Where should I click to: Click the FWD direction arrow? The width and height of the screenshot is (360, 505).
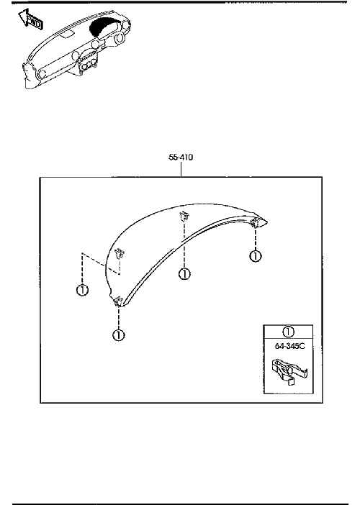click(x=30, y=19)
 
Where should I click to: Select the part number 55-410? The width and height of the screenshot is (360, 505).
click(x=181, y=157)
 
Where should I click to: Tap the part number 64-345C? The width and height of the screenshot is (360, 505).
click(x=289, y=346)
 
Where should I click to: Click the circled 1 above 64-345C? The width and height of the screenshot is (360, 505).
click(x=288, y=332)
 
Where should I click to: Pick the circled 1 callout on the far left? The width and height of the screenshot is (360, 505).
click(x=82, y=290)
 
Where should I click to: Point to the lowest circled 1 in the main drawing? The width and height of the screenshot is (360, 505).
click(x=118, y=335)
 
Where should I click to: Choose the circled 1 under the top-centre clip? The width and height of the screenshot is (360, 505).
click(x=184, y=274)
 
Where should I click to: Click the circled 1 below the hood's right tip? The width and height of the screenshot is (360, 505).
click(x=256, y=256)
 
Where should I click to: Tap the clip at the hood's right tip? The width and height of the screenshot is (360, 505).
click(x=256, y=222)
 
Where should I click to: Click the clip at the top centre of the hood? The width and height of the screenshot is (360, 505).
click(x=184, y=217)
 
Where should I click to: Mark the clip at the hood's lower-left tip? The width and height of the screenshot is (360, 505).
click(x=118, y=301)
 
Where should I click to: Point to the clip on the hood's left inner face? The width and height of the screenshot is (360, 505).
click(x=120, y=254)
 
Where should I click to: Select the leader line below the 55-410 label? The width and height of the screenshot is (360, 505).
click(x=181, y=169)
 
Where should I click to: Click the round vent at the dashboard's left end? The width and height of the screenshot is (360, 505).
click(x=42, y=74)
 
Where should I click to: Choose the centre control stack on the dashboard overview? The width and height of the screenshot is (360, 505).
click(x=87, y=62)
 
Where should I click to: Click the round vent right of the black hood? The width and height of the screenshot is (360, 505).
click(x=120, y=38)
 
